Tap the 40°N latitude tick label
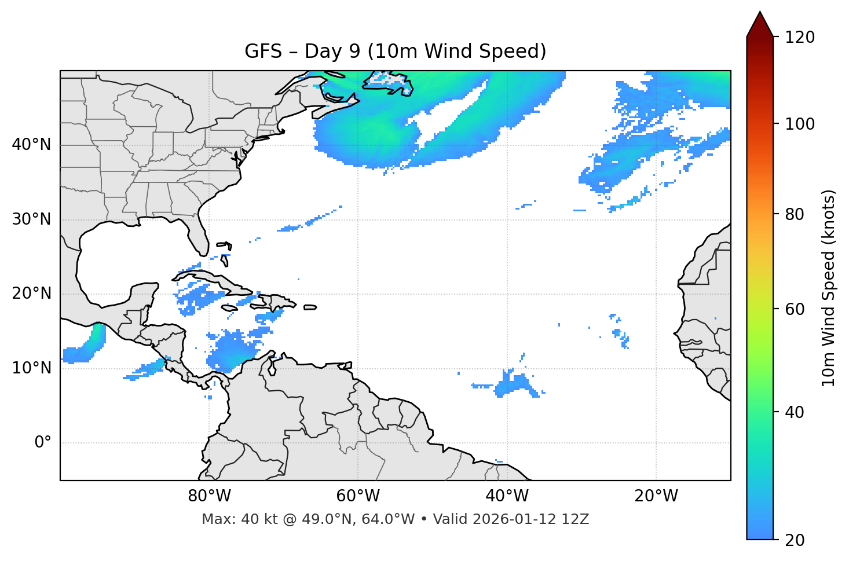(x=31, y=145)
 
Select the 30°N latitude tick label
(x=31, y=219)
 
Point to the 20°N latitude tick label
(x=31, y=294)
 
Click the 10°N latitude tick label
(x=31, y=368)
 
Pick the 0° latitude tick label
(x=43, y=443)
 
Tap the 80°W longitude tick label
(x=209, y=496)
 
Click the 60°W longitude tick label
(x=358, y=496)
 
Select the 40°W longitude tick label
(x=507, y=496)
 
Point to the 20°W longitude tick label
(x=656, y=496)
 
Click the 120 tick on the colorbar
(x=800, y=38)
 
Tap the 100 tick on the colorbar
(x=800, y=124)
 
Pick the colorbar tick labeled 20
(x=795, y=540)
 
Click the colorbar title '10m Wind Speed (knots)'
(x=829, y=288)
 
